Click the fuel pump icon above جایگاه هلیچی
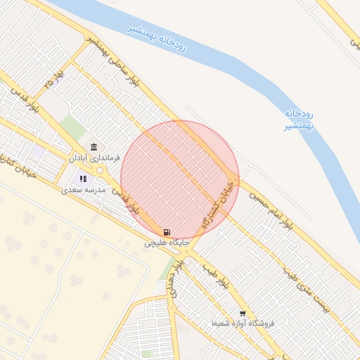166,232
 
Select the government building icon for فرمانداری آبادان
94,148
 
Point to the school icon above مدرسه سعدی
83,179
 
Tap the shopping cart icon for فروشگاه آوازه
243,314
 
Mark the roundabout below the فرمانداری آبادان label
101,170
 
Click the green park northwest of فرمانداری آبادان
72,127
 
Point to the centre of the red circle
180,179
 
